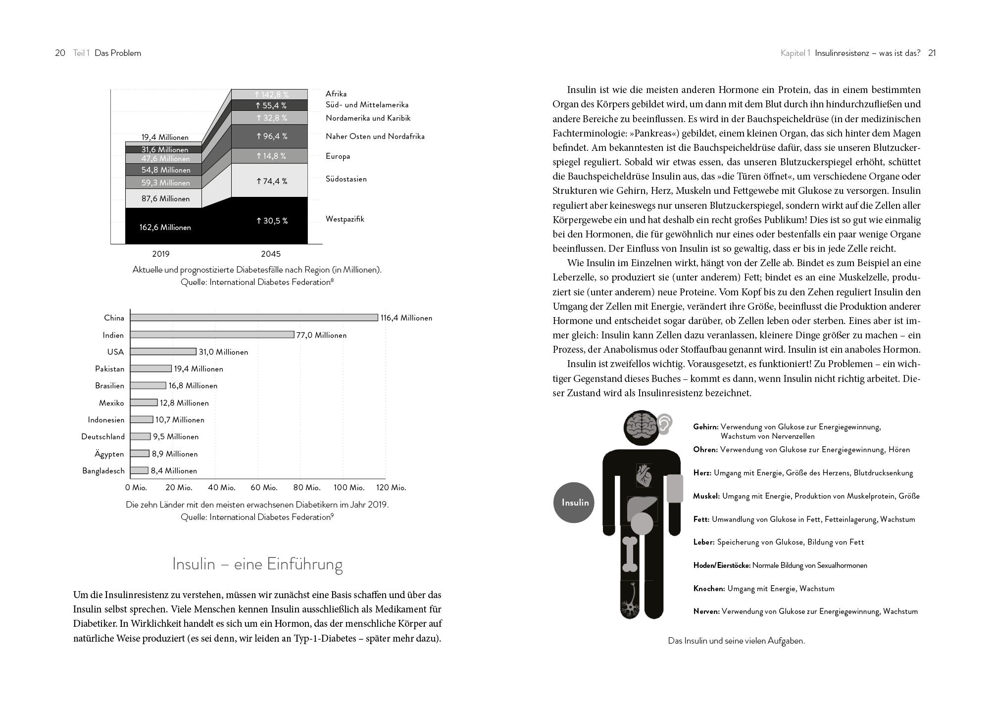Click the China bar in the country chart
point(254,318)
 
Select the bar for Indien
point(212,335)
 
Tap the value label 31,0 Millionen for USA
point(223,352)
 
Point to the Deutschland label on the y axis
point(103,437)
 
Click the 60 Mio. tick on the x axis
point(264,488)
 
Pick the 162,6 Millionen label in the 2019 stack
point(165,228)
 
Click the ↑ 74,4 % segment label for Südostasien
point(271,182)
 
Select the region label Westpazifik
point(345,219)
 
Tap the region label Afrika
point(336,94)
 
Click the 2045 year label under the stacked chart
point(270,254)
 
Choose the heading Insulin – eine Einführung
point(257,564)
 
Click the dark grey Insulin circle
point(574,503)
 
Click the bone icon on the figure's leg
point(631,554)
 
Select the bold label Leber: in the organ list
point(703,543)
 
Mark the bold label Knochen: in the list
point(709,589)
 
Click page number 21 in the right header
point(932,53)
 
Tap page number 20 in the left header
point(60,53)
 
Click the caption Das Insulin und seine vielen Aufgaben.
point(736,641)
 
